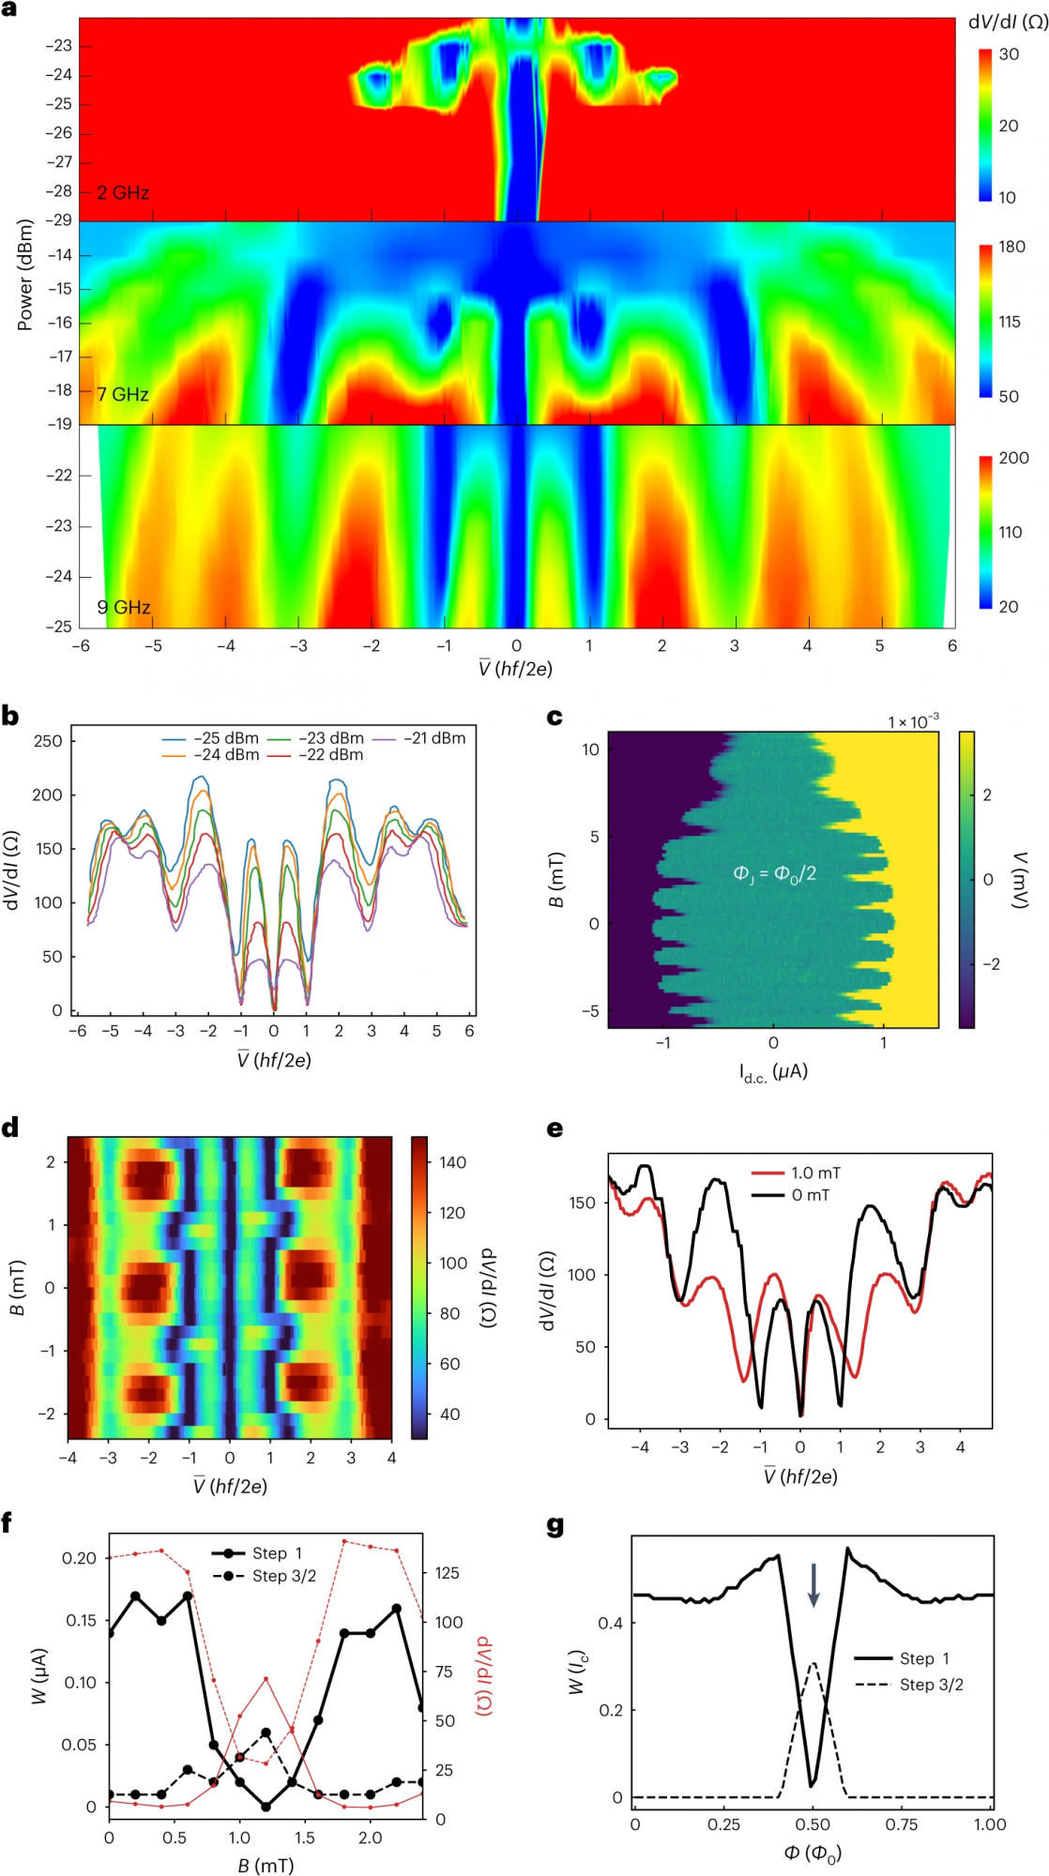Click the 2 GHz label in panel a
pyautogui.click(x=123, y=193)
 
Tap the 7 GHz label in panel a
pyautogui.click(x=123, y=395)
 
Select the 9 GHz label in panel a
pyautogui.click(x=124, y=608)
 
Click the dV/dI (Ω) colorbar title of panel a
pyautogui.click(x=1008, y=23)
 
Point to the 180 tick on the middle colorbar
pyautogui.click(x=1011, y=247)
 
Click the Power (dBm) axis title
pyautogui.click(x=25, y=275)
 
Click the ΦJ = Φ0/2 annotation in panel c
pyautogui.click(x=774, y=874)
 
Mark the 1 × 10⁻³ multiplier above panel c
pyautogui.click(x=913, y=721)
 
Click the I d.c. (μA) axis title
pyautogui.click(x=773, y=1072)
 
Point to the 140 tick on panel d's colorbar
pyautogui.click(x=452, y=1162)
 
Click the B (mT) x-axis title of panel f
pyautogui.click(x=266, y=1866)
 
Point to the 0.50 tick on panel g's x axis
pyautogui.click(x=813, y=1824)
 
